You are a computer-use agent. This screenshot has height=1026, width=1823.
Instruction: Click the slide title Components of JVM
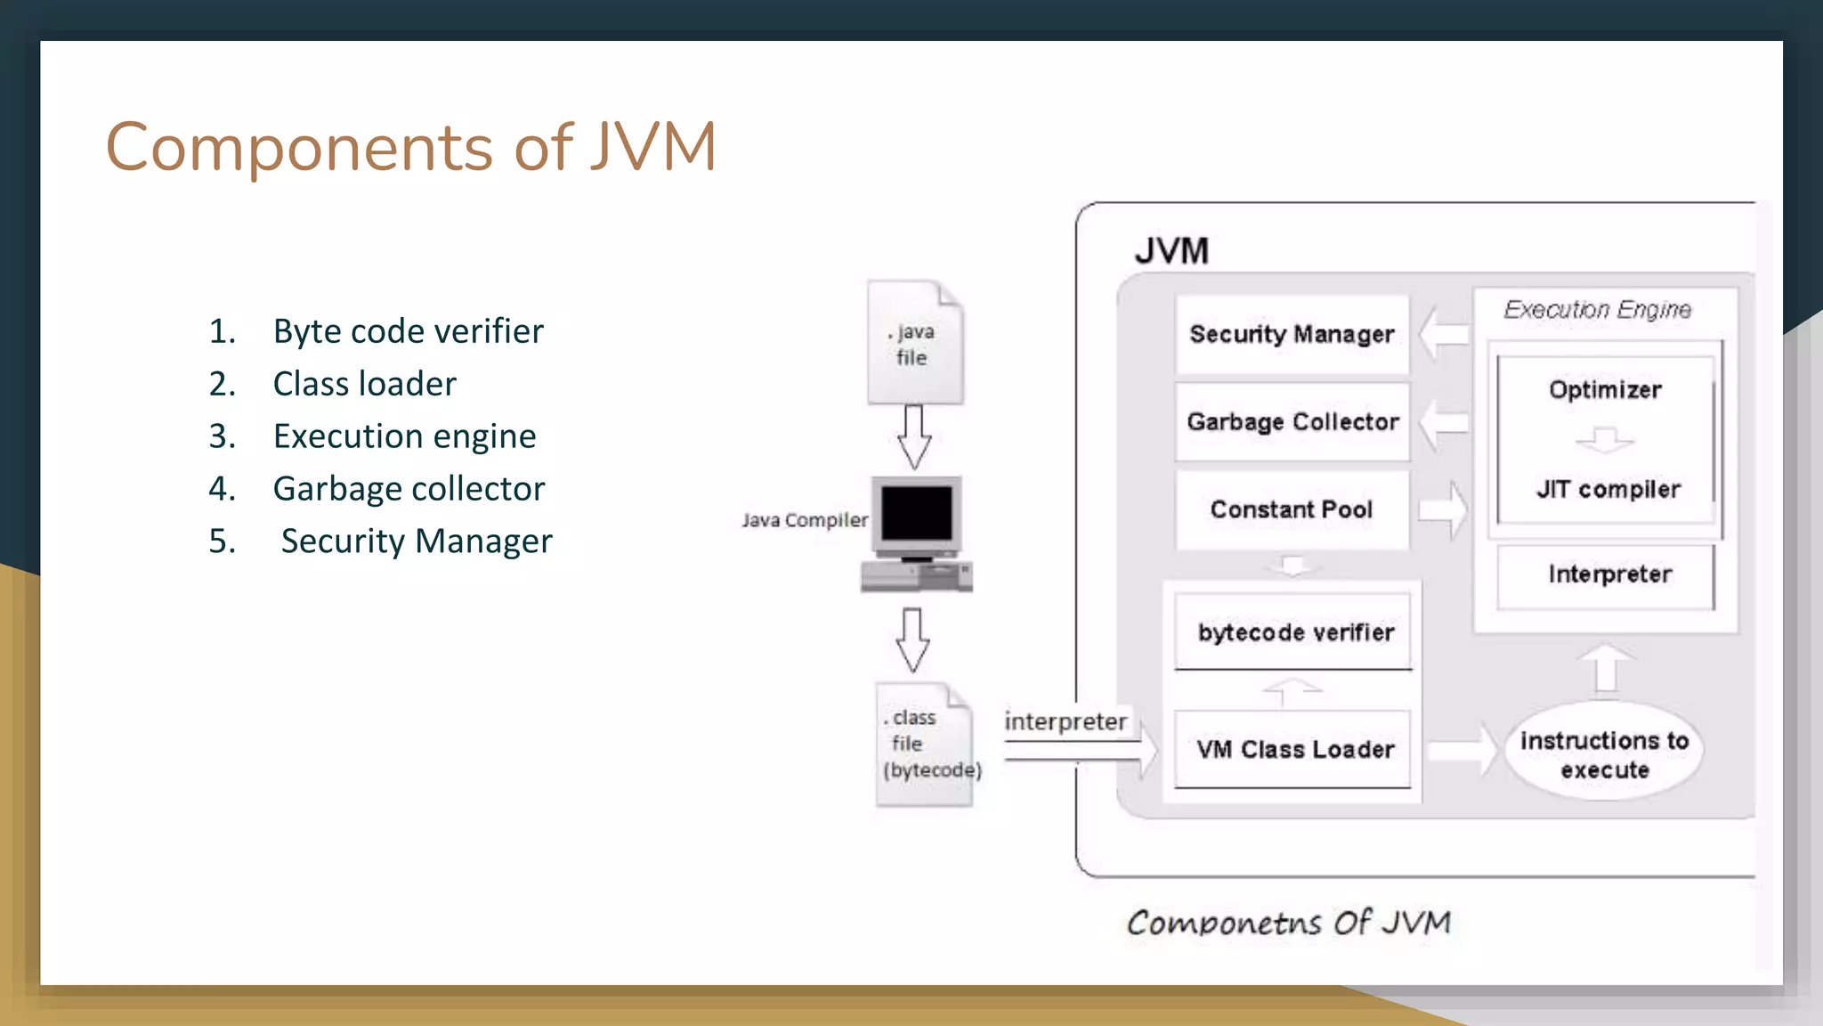(x=410, y=147)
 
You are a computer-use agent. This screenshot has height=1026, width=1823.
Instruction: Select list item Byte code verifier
(x=408, y=331)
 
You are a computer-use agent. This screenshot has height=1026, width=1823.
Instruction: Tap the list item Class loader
(x=364, y=384)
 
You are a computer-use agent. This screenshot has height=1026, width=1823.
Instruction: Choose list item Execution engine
(x=404, y=436)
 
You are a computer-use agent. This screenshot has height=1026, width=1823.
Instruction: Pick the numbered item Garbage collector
(x=409, y=489)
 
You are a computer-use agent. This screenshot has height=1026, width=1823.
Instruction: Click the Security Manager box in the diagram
(x=1292, y=334)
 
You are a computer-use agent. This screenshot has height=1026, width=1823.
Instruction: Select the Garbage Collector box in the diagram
(x=1292, y=421)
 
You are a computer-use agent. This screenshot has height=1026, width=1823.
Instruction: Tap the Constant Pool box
(x=1292, y=509)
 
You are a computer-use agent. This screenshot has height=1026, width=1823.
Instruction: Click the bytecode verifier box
(x=1295, y=632)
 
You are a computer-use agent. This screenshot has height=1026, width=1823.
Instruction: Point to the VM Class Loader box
(x=1294, y=749)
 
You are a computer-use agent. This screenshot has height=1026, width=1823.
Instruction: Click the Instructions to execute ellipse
(x=1604, y=754)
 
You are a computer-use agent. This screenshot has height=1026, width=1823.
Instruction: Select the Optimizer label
(x=1605, y=390)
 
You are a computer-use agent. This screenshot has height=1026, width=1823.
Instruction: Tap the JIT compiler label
(x=1608, y=489)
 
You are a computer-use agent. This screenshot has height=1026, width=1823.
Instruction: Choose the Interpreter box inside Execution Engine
(x=1608, y=574)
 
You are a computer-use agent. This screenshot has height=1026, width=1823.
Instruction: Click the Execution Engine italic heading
(x=1597, y=310)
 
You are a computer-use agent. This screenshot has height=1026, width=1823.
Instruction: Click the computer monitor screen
(x=916, y=514)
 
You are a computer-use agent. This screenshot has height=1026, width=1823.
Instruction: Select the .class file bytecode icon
(x=924, y=745)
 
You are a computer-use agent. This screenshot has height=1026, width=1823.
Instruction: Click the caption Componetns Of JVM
(x=1289, y=923)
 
